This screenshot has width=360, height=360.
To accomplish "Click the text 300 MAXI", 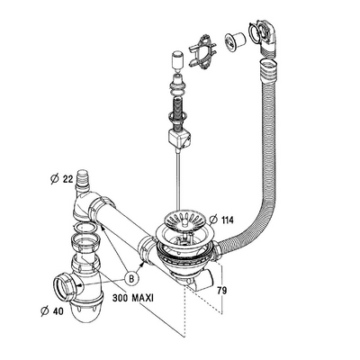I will pos(137,298).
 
